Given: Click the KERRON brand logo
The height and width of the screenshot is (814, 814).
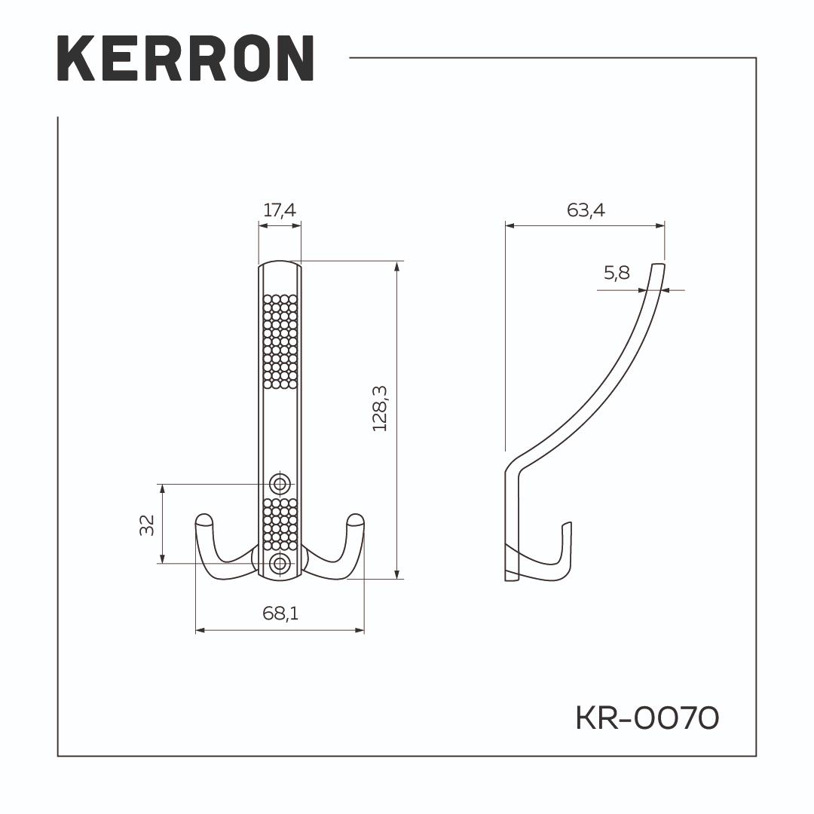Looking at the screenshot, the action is (x=185, y=58).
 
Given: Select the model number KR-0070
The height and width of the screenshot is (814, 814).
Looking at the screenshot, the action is (x=647, y=718).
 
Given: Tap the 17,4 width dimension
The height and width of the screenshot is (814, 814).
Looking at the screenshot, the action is (x=280, y=210).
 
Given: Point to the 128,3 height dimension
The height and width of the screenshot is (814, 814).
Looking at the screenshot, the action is (x=380, y=409).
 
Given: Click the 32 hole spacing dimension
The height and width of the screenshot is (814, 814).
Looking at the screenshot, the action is (x=148, y=525).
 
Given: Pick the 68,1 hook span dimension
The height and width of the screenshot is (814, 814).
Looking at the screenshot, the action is (x=280, y=613).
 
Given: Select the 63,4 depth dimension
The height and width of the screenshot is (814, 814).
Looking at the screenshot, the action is (x=586, y=210).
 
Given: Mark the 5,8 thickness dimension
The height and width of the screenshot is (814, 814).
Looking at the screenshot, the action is (x=617, y=273).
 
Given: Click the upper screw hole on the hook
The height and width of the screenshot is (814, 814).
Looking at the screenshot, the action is (x=280, y=484).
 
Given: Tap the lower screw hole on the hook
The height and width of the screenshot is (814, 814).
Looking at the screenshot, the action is (x=280, y=563).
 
